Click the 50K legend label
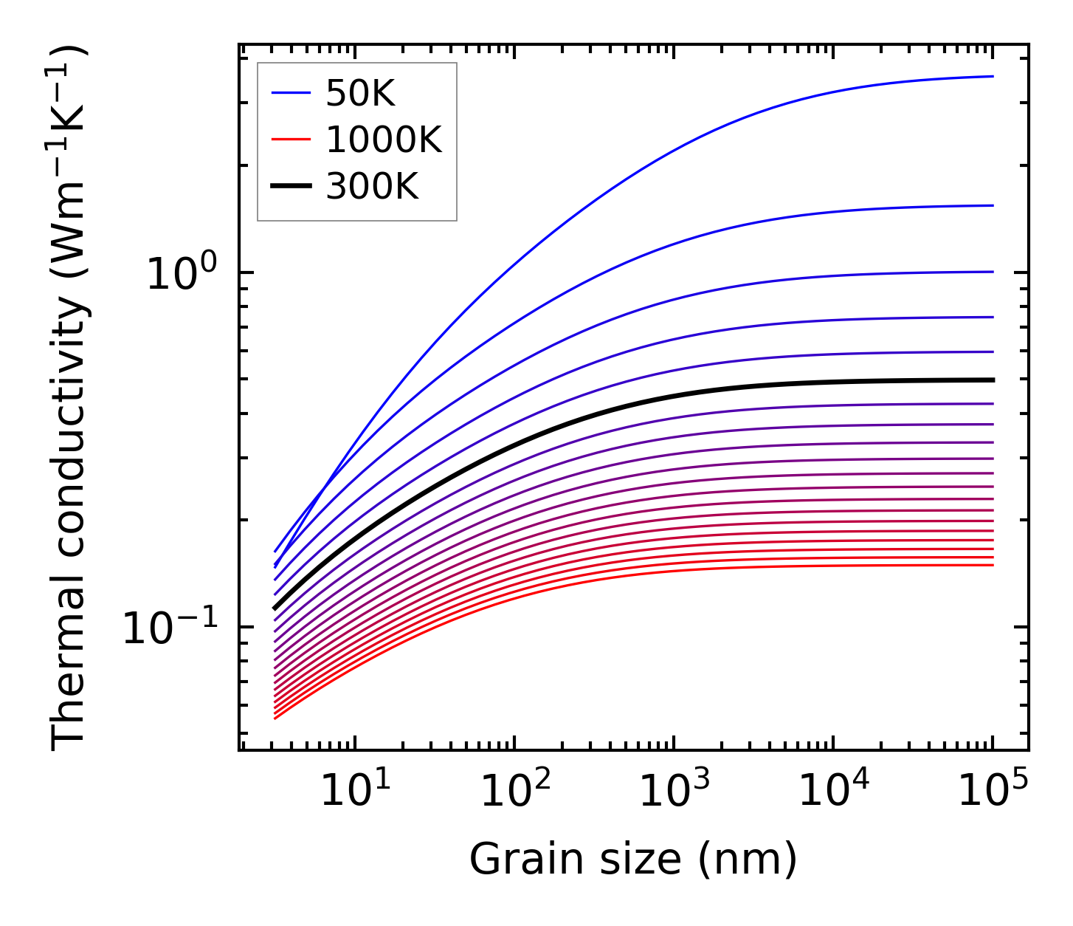pos(360,94)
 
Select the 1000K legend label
pos(384,140)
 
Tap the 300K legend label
pos(372,187)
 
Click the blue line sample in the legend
pos(291,93)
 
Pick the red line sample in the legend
pos(291,140)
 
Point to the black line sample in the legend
pos(291,186)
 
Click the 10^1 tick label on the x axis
pos(355,792)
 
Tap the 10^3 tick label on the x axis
pos(674,792)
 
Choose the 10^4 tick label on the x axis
pos(833,792)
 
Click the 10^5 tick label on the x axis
pos(993,792)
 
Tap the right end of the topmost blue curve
pos(992,76)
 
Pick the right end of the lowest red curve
pos(992,565)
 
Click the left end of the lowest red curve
pos(275,718)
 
